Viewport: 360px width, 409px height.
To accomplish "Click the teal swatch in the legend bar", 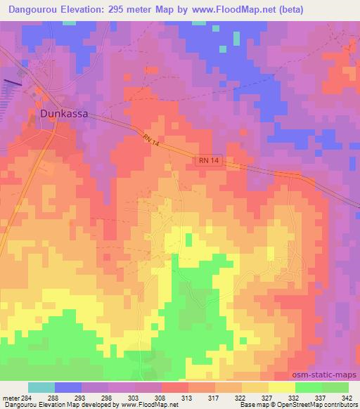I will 41,387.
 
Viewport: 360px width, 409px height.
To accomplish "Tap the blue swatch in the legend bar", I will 68,387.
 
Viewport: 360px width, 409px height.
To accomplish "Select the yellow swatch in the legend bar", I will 282,387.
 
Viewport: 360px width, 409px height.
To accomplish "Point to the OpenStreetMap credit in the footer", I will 315,404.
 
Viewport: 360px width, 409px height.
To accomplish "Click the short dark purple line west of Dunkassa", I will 13,82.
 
